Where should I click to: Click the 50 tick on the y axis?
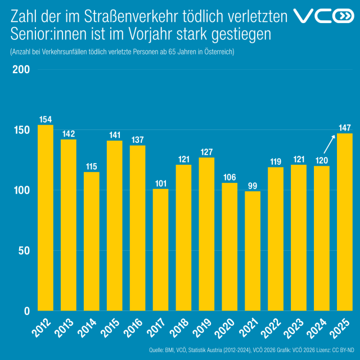coord(22,251)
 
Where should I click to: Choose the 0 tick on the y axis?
coord(26,311)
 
